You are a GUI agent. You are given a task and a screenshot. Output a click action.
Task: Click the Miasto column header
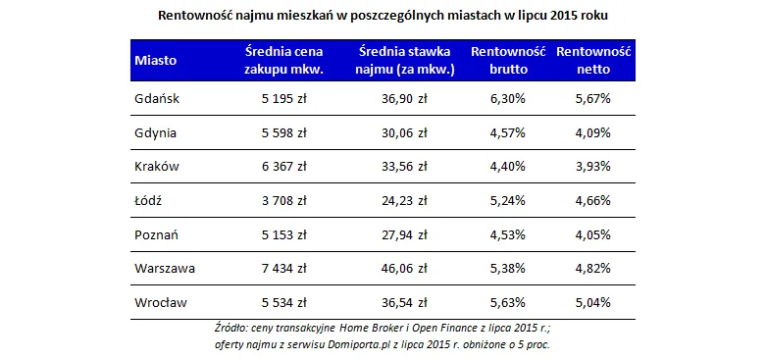tap(155, 60)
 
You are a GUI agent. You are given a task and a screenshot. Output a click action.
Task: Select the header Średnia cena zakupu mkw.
tap(283, 60)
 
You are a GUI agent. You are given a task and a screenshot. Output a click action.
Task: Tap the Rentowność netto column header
tap(593, 60)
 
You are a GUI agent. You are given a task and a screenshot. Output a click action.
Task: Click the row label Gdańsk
tap(157, 98)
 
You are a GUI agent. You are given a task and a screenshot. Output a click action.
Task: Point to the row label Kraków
tap(157, 166)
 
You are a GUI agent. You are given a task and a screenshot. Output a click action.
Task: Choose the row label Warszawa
tap(164, 269)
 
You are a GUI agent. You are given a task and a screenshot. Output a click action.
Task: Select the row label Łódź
tap(148, 200)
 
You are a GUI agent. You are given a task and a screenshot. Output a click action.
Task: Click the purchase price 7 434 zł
tap(283, 269)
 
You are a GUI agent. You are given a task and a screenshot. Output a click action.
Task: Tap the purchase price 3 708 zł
tap(283, 200)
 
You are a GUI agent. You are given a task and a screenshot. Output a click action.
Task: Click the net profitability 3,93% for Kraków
tap(593, 166)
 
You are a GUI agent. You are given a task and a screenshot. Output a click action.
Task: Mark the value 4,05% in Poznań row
tap(593, 234)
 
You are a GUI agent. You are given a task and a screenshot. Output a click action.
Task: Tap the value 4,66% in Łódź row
tap(593, 200)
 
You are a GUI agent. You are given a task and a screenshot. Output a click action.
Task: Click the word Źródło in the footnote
tap(231, 327)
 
